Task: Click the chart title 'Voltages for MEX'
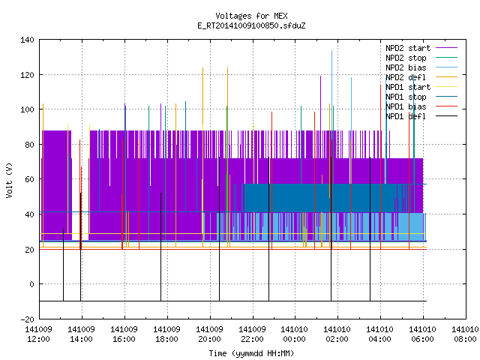point(251,16)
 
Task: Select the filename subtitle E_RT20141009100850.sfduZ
point(251,25)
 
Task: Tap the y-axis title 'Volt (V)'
point(9,180)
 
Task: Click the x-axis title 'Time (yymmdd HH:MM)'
point(251,353)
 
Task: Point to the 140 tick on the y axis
point(27,40)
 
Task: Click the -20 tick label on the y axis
point(27,319)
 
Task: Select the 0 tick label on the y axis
point(31,284)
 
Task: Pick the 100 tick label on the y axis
point(27,109)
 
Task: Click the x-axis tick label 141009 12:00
point(38,334)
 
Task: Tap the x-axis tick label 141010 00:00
point(295,334)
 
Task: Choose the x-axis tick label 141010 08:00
point(465,334)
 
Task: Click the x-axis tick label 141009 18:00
point(166,334)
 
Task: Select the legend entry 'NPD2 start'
point(408,48)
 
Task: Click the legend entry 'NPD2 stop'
point(406,58)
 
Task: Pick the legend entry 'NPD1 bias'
point(406,106)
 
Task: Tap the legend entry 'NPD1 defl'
point(406,116)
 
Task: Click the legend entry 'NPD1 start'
point(408,87)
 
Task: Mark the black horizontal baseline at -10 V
point(233,301)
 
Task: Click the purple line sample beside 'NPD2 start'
point(447,48)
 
